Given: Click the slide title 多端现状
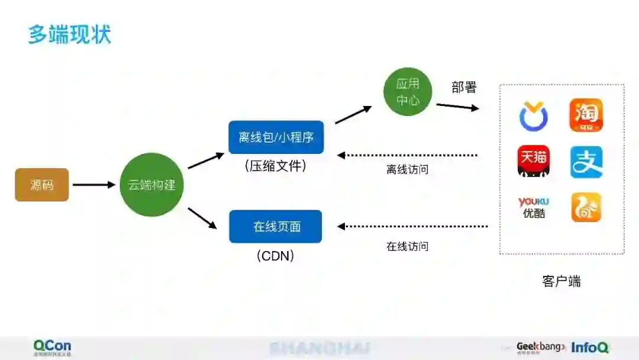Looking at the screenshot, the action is pos(69,34).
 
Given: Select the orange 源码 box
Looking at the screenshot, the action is pos(42,185).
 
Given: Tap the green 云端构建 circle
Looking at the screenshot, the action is pos(151,185).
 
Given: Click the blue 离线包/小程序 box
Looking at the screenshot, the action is pos(276,137).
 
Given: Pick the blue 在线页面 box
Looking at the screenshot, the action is pos(276,226).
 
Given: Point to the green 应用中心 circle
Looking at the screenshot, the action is pos(408,92).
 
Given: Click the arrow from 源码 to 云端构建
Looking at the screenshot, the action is pos(93,185).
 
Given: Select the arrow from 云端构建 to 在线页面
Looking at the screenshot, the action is pos(202,218).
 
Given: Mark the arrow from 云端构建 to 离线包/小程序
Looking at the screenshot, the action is pos(205,160).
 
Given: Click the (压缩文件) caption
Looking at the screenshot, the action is pos(276,166).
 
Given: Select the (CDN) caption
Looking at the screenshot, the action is pos(276,256).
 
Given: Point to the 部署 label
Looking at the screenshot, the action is pos(464,88).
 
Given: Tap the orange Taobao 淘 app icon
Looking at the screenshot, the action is pos(586,115).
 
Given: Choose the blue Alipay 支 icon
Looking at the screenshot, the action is pos(586,162).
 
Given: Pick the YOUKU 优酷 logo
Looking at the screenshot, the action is pos(533,208).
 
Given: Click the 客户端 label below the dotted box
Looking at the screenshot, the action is pos(561,281).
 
